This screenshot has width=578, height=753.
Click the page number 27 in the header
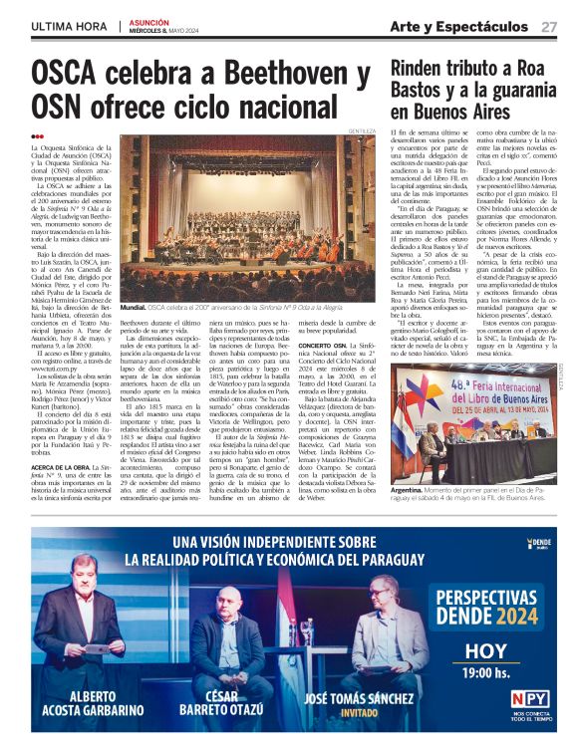[x=549, y=27]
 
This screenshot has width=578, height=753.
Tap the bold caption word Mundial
[x=134, y=337]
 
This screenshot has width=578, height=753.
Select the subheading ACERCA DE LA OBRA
[x=56, y=466]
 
